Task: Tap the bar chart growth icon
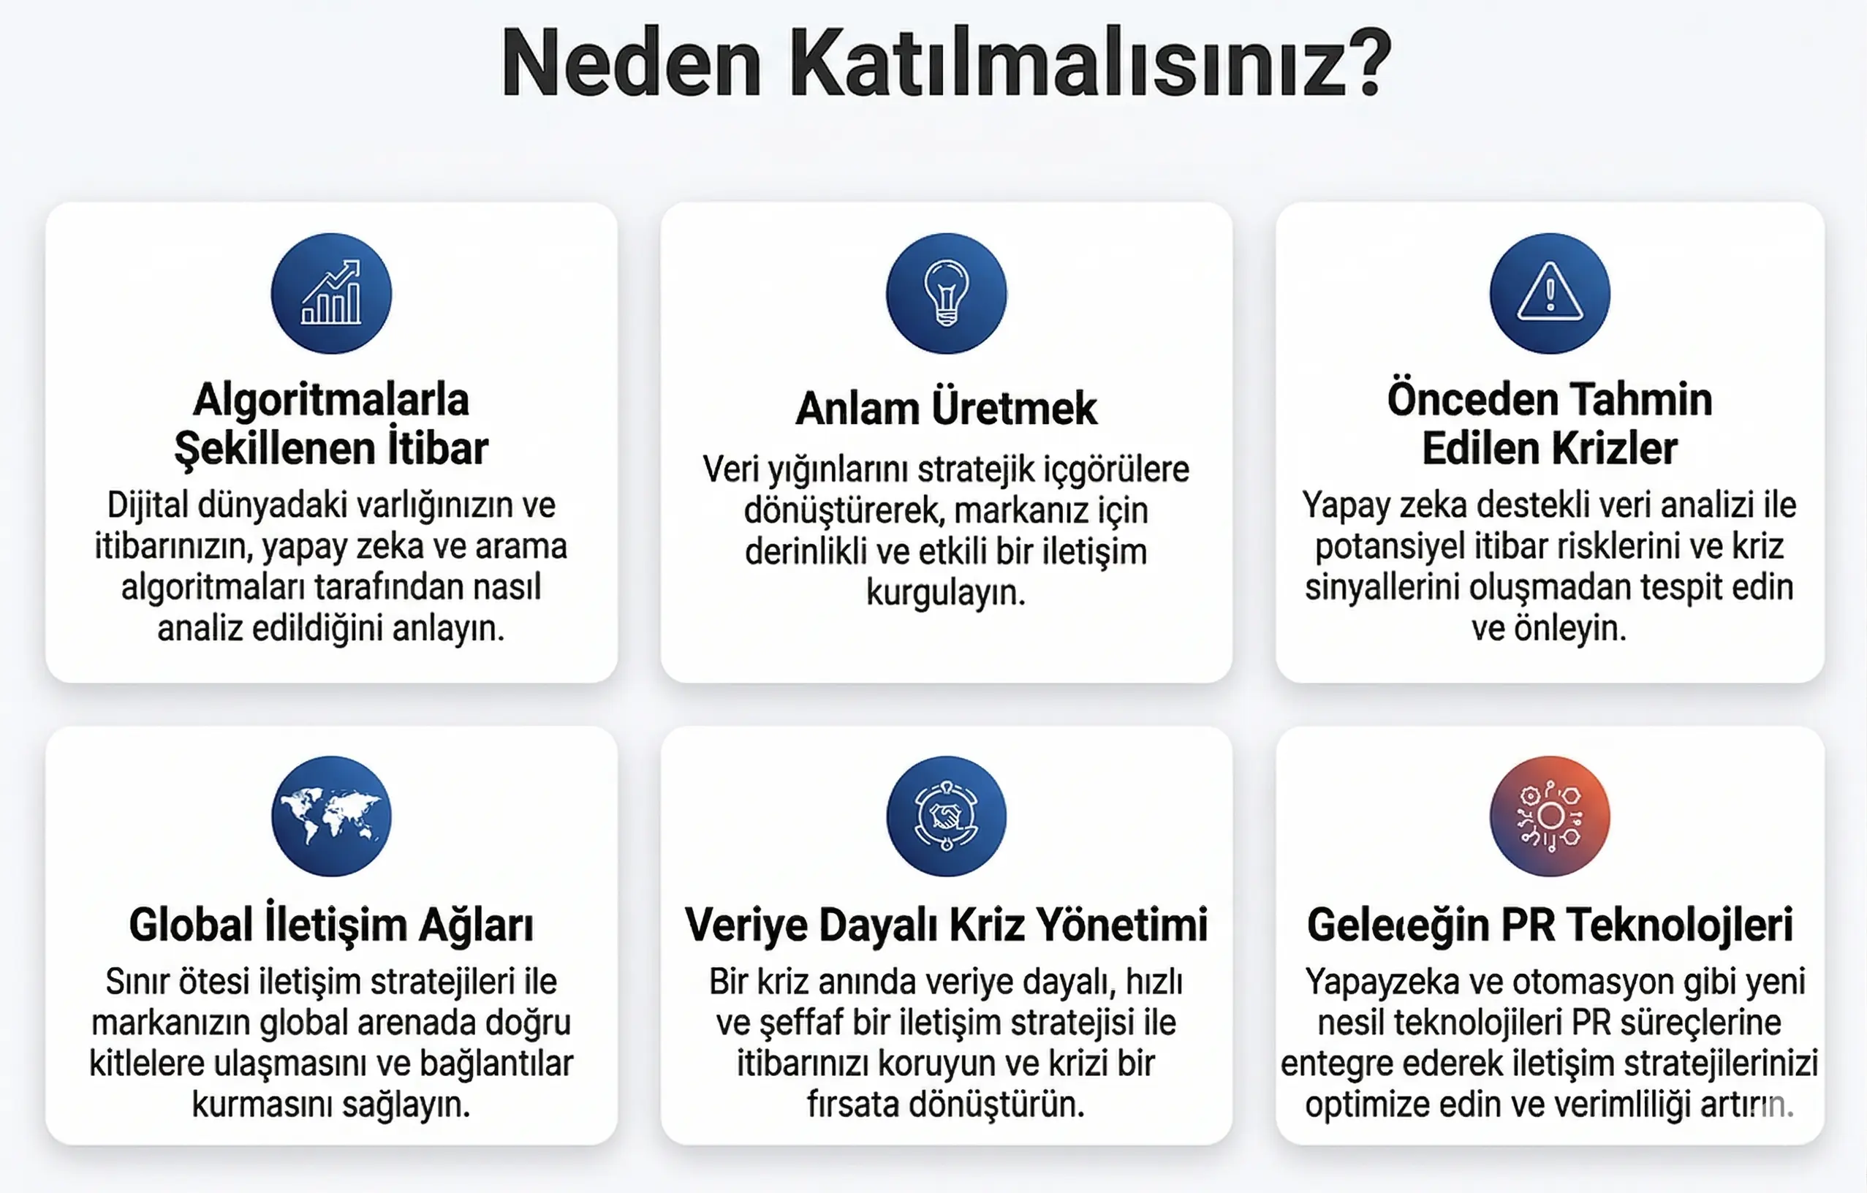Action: tap(331, 293)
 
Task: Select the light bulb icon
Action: tap(946, 293)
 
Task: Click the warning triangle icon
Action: tap(1549, 293)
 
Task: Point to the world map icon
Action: tap(331, 817)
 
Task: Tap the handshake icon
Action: tap(946, 817)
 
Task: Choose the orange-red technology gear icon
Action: tap(1549, 817)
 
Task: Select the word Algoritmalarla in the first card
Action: tap(331, 400)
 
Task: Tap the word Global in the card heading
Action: tap(191, 924)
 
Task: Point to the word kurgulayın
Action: tap(946, 593)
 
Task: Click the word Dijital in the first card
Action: tap(148, 505)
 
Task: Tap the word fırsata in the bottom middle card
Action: tap(853, 1104)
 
